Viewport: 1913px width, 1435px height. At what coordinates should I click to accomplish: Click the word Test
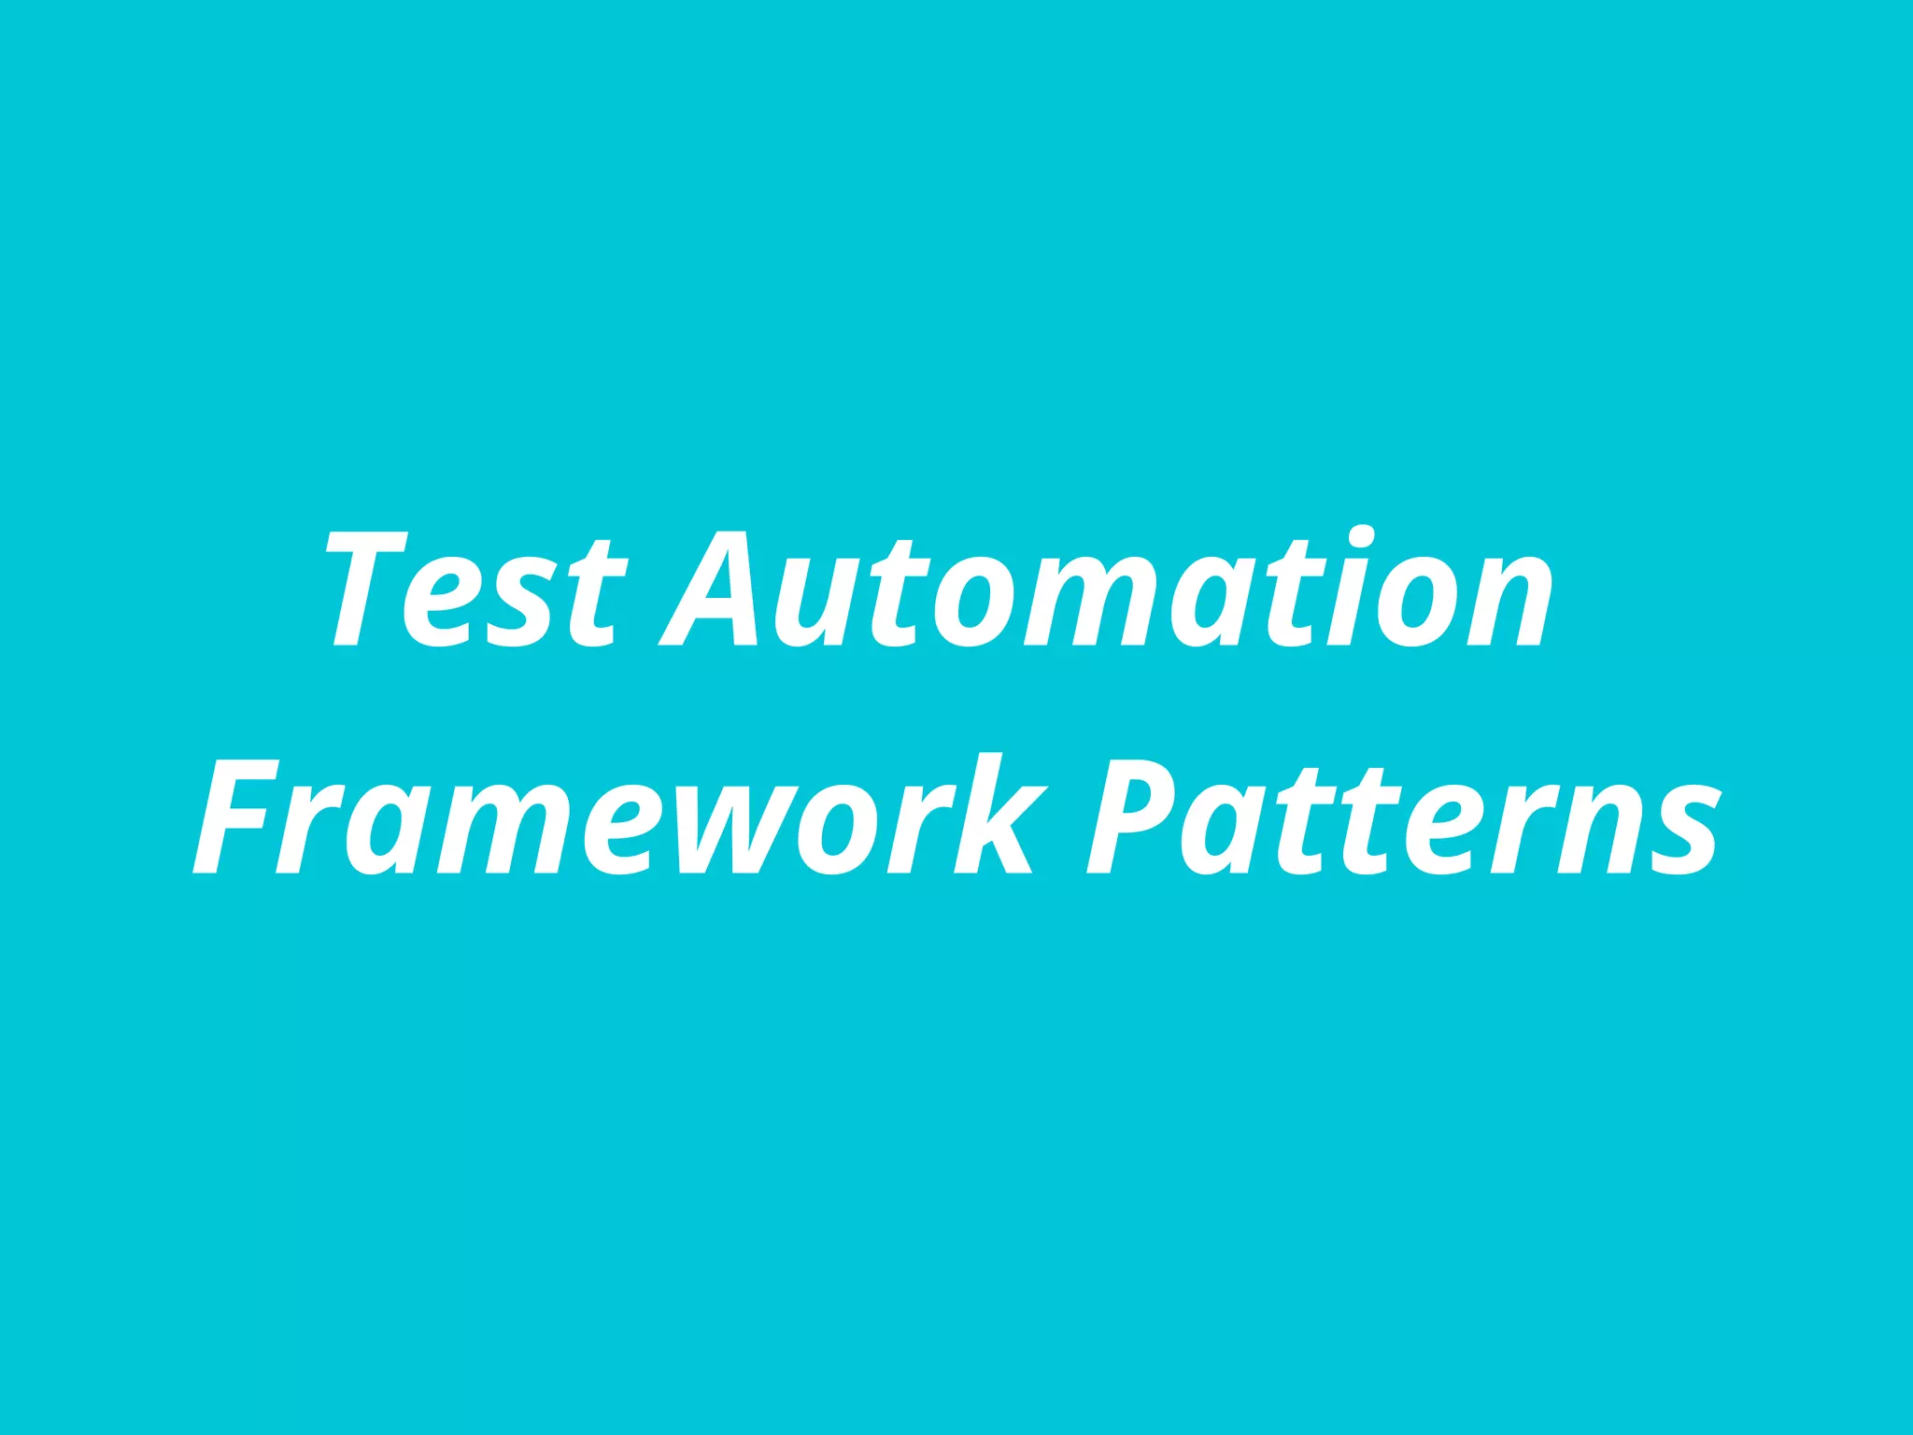pyautogui.click(x=474, y=589)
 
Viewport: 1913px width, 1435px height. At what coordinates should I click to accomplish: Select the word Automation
pyautogui.click(x=1107, y=589)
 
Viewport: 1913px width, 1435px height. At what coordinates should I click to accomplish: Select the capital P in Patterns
pyautogui.click(x=1126, y=817)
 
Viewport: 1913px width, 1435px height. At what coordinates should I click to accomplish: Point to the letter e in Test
pyautogui.click(x=439, y=603)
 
